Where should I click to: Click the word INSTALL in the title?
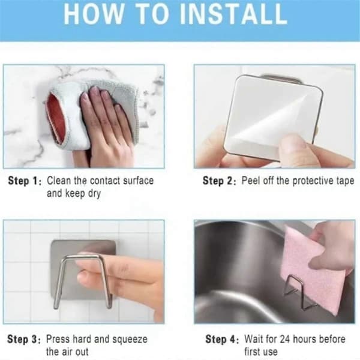tap(233, 14)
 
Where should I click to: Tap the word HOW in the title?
tap(94, 14)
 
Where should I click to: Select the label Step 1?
tap(25, 181)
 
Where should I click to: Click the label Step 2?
tap(219, 181)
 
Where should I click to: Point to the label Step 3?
tap(24, 340)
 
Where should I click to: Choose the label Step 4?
tap(222, 340)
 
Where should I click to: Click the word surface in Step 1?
tap(138, 181)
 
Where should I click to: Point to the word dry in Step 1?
tap(94, 194)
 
